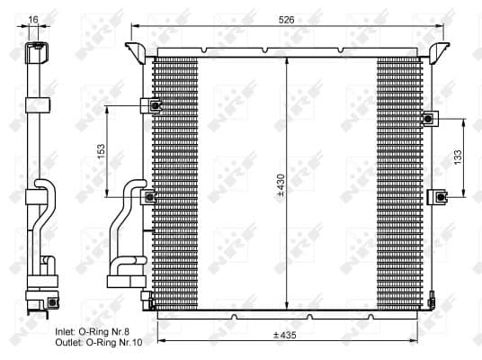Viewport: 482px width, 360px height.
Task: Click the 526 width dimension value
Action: tap(287, 17)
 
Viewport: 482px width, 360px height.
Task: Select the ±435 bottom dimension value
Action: tap(287, 335)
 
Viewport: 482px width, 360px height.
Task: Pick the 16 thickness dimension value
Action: tap(33, 19)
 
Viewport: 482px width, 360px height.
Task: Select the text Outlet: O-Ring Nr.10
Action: tap(98, 343)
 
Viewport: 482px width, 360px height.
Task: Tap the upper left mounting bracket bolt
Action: tap(155, 106)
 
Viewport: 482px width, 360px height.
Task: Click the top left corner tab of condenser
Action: tap(136, 47)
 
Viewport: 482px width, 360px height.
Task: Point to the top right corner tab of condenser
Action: tap(438, 47)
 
